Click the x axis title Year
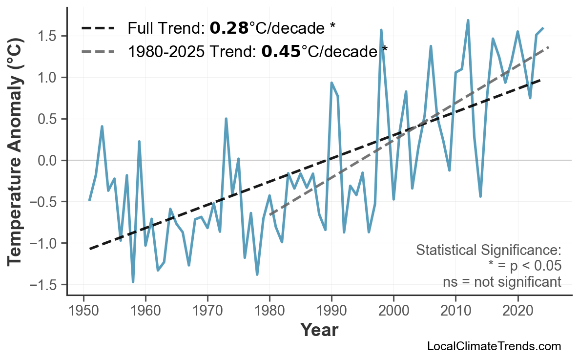pos(319,330)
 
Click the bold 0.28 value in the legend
pos(229,28)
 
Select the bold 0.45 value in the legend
pos(281,51)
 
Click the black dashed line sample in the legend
pos(98,28)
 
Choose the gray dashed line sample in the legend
pos(98,51)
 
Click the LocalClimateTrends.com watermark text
pos(494,346)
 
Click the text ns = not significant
pos(501,282)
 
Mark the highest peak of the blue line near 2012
pos(468,21)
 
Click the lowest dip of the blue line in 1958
pos(133,282)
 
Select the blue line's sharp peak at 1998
pos(381,30)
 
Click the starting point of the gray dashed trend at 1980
pos(269,215)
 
